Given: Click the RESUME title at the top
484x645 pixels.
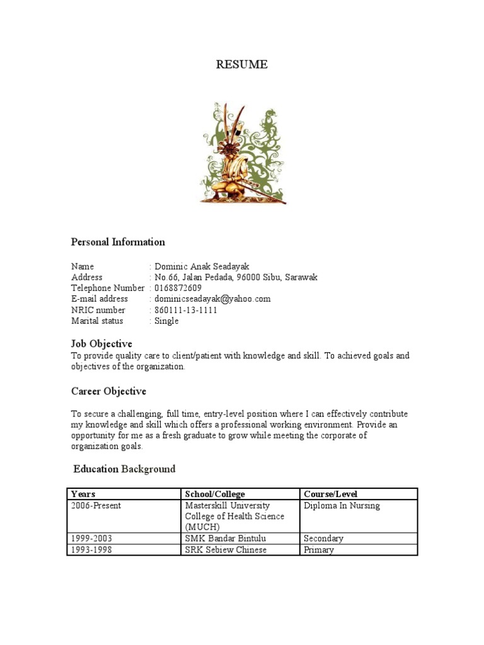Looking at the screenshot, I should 242,64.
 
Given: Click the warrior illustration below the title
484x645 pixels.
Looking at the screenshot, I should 243,153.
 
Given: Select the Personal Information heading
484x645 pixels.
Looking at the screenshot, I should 118,242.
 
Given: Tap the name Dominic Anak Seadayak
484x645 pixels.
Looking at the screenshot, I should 198,266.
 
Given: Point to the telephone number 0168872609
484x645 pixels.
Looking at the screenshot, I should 178,288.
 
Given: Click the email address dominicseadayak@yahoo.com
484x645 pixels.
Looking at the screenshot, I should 212,299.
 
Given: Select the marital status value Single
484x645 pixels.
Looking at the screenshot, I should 166,321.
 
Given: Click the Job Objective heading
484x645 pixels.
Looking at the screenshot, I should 101,343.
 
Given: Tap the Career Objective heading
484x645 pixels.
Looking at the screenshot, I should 108,391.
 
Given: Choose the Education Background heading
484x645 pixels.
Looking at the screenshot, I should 124,469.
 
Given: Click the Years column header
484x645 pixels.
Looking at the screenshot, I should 83,494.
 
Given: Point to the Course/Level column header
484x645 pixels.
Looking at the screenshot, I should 330,494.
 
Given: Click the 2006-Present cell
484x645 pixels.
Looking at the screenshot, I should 96,505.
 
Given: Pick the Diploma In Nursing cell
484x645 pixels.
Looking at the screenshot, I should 342,505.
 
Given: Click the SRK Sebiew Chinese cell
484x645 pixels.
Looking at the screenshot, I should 226,550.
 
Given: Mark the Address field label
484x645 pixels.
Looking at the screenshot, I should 87,277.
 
